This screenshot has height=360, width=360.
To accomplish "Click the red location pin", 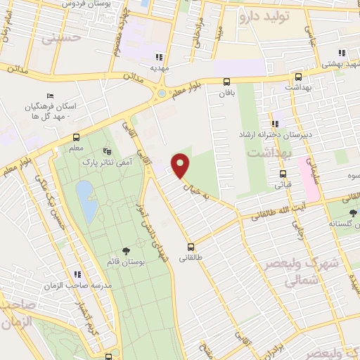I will (181, 165).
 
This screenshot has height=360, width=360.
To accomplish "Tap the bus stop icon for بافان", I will (226, 82).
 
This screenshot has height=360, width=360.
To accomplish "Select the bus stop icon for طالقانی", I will (191, 247).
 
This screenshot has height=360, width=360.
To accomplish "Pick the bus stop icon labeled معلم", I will (76, 138).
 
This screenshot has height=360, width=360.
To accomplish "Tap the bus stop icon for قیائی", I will (283, 174).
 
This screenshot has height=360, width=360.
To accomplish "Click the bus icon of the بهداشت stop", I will (299, 77).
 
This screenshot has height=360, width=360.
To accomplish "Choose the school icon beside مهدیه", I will (160, 57).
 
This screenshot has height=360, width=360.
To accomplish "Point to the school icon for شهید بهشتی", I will (342, 53).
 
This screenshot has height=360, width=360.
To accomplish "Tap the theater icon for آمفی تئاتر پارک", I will (107, 150).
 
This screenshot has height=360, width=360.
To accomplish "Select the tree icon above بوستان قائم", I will (127, 250).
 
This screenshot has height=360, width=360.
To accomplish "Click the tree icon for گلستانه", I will (352, 213).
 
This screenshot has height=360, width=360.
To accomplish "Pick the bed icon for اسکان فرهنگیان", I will (49, 96).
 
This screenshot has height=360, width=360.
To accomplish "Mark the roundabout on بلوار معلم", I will (162, 93).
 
